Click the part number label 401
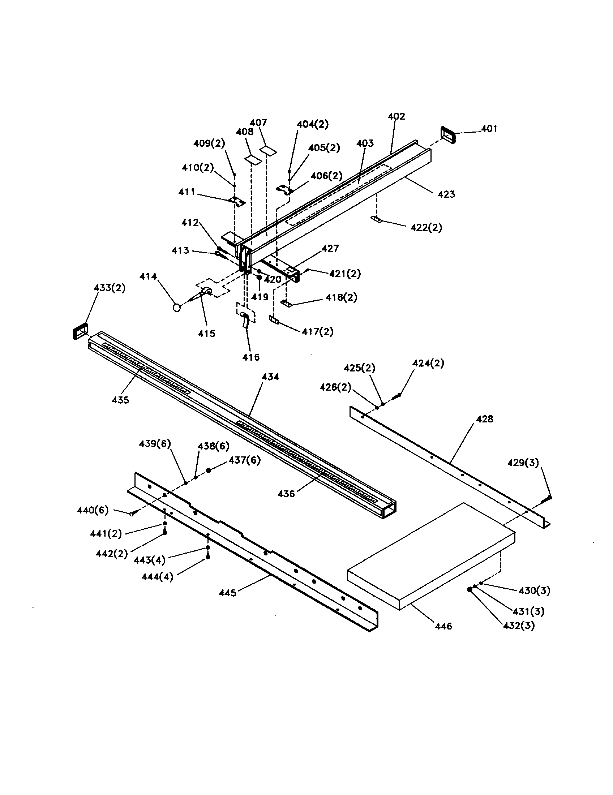pyautogui.click(x=489, y=129)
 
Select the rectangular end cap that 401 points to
pyautogui.click(x=448, y=135)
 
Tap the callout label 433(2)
pyautogui.click(x=110, y=288)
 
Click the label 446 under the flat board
pyautogui.click(x=444, y=626)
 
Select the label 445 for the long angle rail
pyautogui.click(x=227, y=593)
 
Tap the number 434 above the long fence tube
pyautogui.click(x=270, y=377)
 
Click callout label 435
pyautogui.click(x=120, y=400)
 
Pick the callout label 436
pyautogui.click(x=286, y=494)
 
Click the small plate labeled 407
pyautogui.click(x=268, y=150)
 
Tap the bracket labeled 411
pyautogui.click(x=237, y=201)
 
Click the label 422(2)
pyautogui.click(x=426, y=228)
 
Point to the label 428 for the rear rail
pyautogui.click(x=484, y=419)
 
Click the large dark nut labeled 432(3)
pyautogui.click(x=470, y=589)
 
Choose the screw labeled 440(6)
pyautogui.click(x=133, y=513)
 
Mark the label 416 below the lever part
pyautogui.click(x=251, y=357)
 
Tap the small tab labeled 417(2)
pyautogui.click(x=274, y=319)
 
